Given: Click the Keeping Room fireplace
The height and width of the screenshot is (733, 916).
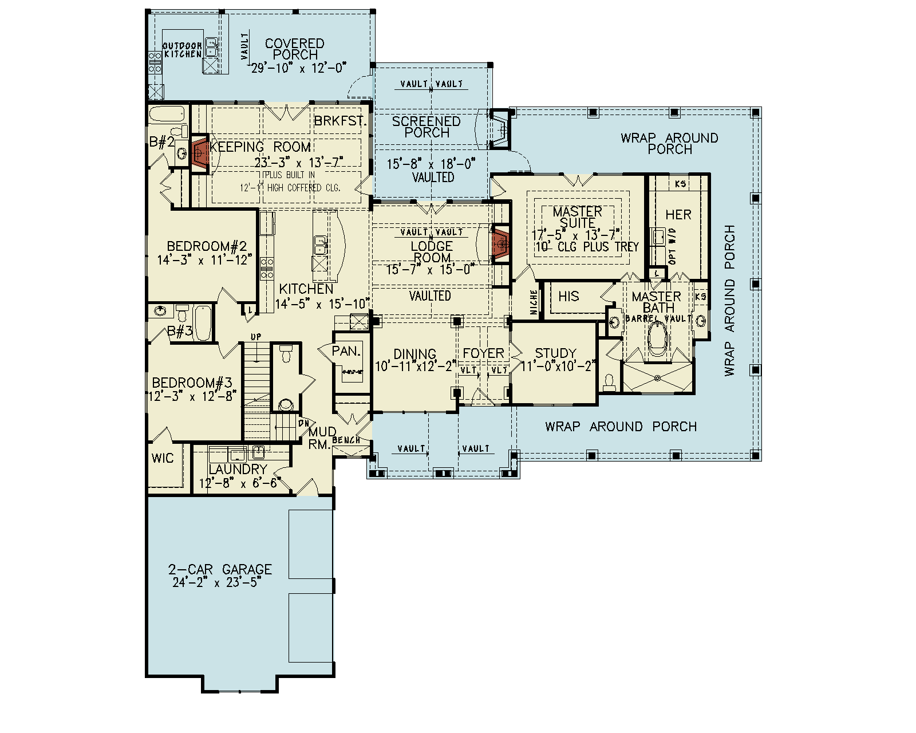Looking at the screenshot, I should (199, 153).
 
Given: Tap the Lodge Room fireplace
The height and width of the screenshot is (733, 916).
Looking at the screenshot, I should (501, 245).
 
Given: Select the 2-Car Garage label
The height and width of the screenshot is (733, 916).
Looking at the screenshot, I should (220, 569).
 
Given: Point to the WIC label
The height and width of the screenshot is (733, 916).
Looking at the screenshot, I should (162, 458).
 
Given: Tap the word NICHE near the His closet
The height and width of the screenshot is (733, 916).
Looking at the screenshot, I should (534, 302).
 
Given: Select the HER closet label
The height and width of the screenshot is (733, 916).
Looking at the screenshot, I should (678, 215).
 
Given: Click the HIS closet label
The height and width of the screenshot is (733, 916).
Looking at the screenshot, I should (568, 296).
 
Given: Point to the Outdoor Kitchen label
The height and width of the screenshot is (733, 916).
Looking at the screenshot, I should (183, 50).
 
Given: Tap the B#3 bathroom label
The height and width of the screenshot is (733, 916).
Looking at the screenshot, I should (180, 332).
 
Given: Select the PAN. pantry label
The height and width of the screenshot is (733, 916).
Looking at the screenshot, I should (346, 351).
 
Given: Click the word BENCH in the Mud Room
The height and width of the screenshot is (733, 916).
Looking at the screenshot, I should (346, 440).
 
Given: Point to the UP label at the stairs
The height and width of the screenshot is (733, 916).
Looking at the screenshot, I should (256, 337).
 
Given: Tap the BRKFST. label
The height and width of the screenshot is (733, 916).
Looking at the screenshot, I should (340, 121).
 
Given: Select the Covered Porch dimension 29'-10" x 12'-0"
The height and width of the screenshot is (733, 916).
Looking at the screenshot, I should (299, 68).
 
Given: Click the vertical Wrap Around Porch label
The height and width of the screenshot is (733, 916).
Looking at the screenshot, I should (729, 300).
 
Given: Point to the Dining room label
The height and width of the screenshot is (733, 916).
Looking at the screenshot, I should (414, 354).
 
